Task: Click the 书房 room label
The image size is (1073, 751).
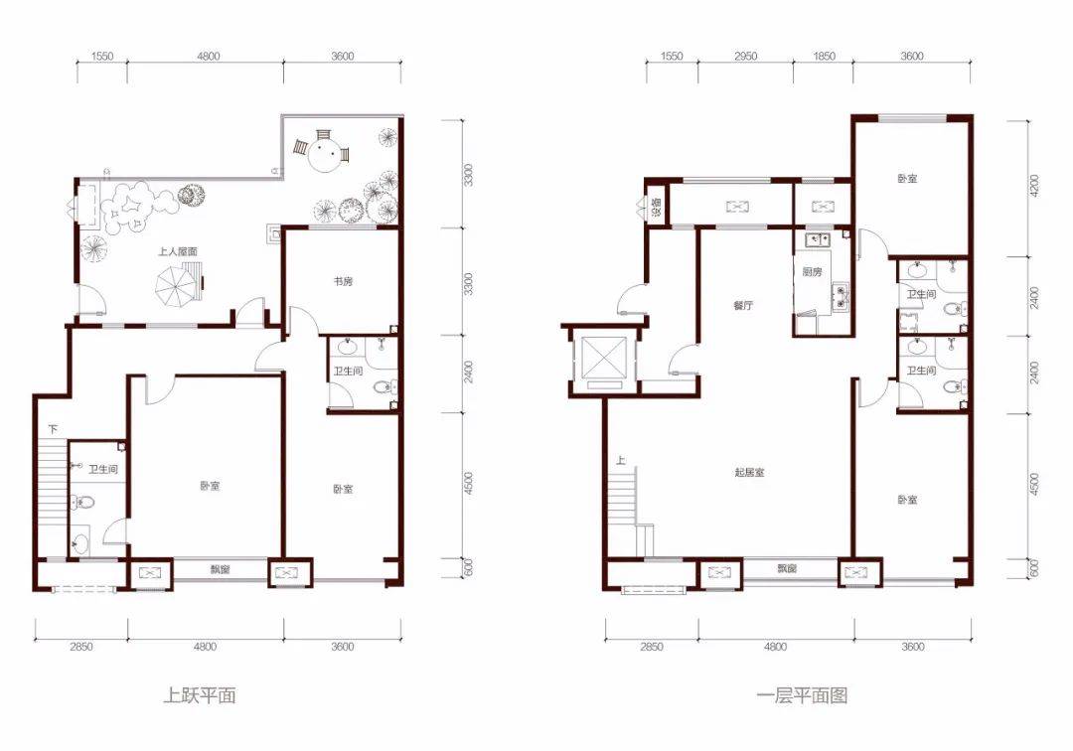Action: [x=343, y=281]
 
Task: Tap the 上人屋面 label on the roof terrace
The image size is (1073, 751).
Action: [x=178, y=251]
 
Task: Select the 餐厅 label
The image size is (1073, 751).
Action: [x=743, y=306]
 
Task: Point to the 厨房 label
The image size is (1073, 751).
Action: [x=812, y=271]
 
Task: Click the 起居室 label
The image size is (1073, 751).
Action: [x=749, y=472]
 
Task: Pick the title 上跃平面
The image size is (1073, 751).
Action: [x=200, y=695]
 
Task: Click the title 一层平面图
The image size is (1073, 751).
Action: [x=802, y=695]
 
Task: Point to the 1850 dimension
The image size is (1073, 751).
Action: [x=824, y=56]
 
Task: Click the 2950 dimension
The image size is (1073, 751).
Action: [x=746, y=56]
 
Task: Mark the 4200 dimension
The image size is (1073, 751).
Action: [x=1034, y=186]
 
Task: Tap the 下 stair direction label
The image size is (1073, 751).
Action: [x=54, y=429]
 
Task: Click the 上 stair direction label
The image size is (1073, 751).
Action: [x=621, y=460]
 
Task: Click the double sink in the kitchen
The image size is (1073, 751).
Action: [x=818, y=239]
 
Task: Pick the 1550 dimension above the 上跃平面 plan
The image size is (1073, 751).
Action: [x=102, y=56]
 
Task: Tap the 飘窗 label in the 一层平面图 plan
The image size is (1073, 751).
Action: [x=787, y=568]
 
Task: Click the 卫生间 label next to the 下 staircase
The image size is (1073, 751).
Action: [x=102, y=470]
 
